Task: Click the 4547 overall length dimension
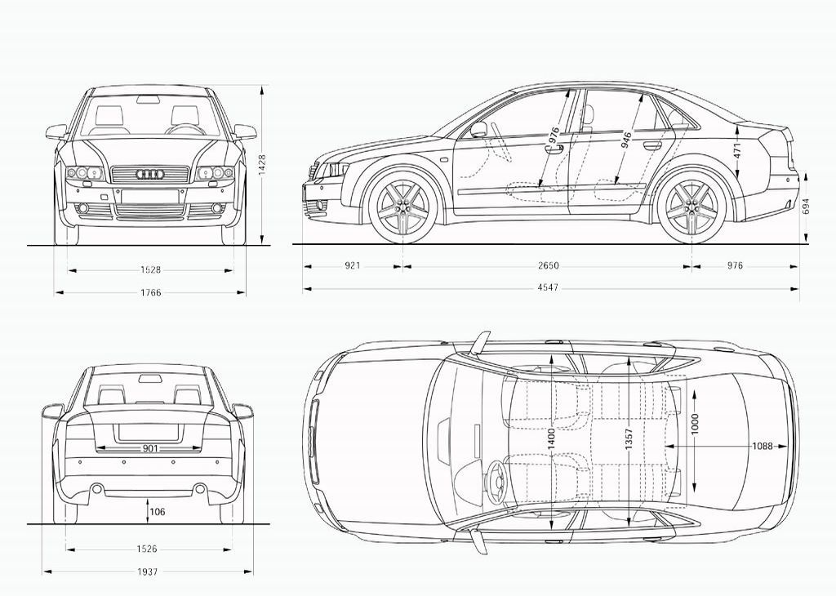tap(549, 288)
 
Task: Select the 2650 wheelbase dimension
tap(549, 266)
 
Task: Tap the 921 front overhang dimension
tap(353, 266)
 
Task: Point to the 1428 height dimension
tap(262, 164)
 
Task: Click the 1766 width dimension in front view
tap(150, 292)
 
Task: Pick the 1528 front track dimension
tap(150, 269)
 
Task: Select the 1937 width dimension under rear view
tap(148, 572)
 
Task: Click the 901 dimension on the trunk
tap(150, 448)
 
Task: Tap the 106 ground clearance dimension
tap(158, 512)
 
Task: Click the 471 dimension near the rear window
tap(737, 151)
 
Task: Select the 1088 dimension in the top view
tap(763, 446)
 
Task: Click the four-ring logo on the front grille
tap(150, 174)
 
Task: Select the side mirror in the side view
tap(478, 129)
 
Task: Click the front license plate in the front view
tap(150, 197)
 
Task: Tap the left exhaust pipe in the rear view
tap(97, 489)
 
